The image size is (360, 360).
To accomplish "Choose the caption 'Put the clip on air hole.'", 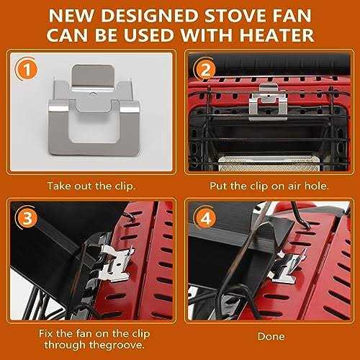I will (x=270, y=185).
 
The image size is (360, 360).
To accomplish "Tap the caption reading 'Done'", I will (x=269, y=336).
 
